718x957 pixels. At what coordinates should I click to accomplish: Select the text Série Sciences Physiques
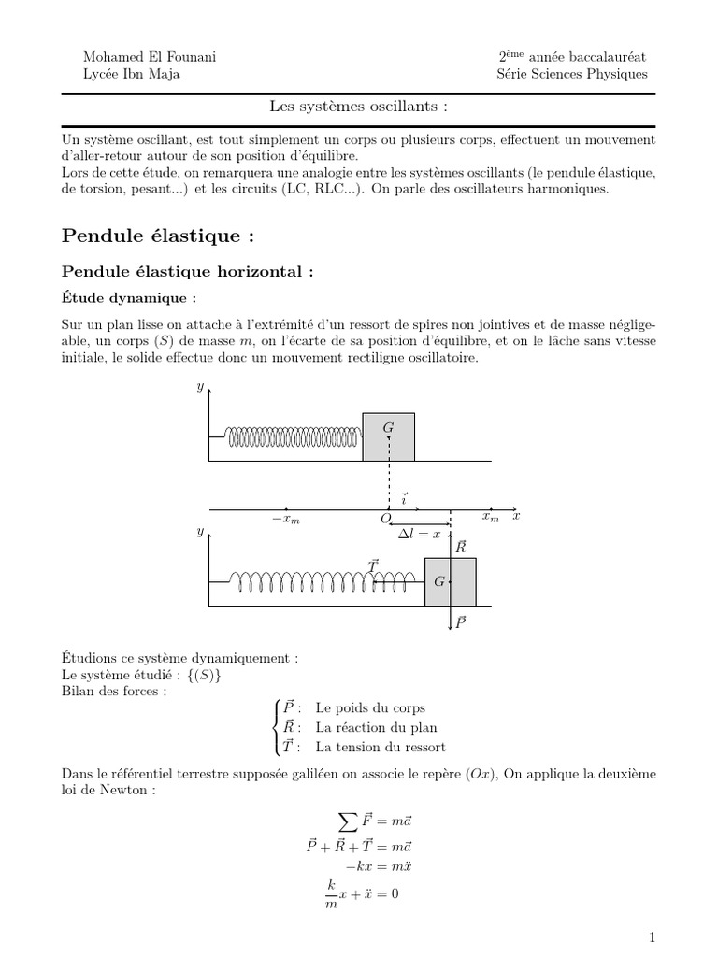click(572, 75)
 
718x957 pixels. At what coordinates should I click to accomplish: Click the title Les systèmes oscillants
click(358, 107)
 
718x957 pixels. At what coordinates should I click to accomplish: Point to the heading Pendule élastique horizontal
click(184, 271)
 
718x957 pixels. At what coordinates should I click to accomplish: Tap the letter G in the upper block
click(388, 427)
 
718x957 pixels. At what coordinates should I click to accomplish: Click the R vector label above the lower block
click(460, 547)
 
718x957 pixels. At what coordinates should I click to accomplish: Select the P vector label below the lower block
click(460, 621)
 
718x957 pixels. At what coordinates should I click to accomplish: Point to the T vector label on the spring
click(373, 564)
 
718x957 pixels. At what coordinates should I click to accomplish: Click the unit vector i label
click(404, 499)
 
